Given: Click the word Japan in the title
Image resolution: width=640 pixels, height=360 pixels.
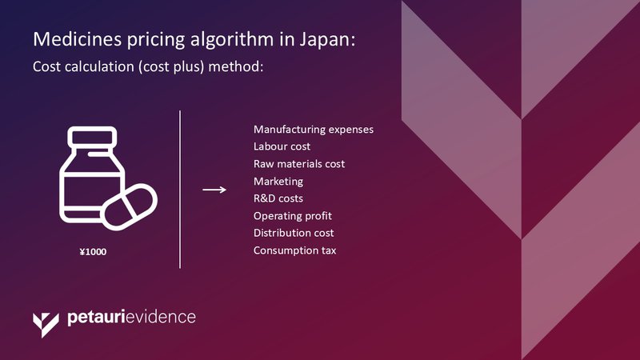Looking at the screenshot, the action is coord(328,40).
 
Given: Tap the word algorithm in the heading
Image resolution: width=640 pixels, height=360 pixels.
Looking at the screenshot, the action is coord(233,40).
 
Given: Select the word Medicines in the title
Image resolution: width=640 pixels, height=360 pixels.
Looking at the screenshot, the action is coord(77,39).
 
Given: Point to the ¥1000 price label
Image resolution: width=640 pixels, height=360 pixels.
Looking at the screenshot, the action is coord(93,252).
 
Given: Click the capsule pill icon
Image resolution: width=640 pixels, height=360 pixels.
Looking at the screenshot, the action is coord(129,207).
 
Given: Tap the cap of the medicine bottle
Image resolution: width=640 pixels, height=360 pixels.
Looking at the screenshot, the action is coord(92,137).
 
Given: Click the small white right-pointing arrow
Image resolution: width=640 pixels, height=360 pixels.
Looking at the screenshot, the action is coord(214,190).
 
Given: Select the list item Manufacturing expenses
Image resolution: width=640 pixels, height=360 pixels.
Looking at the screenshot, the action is coord(314,130).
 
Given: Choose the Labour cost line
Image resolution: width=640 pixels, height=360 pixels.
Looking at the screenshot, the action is coord(282,146).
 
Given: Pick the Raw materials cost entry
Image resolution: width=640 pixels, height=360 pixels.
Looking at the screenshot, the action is coord(299,164).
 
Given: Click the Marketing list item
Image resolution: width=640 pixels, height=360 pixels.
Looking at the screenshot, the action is coord(278,182).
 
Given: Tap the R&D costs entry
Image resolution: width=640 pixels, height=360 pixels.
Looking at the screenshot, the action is coord(278,198).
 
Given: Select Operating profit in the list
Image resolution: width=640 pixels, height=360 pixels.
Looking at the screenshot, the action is coord(293,216).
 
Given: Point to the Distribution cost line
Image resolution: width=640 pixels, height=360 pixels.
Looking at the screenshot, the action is coord(294,233).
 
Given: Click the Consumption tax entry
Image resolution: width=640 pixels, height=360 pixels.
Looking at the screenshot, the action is coord(294,250).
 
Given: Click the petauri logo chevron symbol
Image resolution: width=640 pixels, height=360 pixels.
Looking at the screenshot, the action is coord(46,325).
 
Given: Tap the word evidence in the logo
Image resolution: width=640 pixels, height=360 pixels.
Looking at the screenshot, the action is coord(160,317).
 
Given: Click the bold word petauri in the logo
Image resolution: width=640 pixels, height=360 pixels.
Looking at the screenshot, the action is coord(95,318).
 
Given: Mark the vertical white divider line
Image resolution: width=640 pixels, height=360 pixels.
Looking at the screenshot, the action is coord(180,190).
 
